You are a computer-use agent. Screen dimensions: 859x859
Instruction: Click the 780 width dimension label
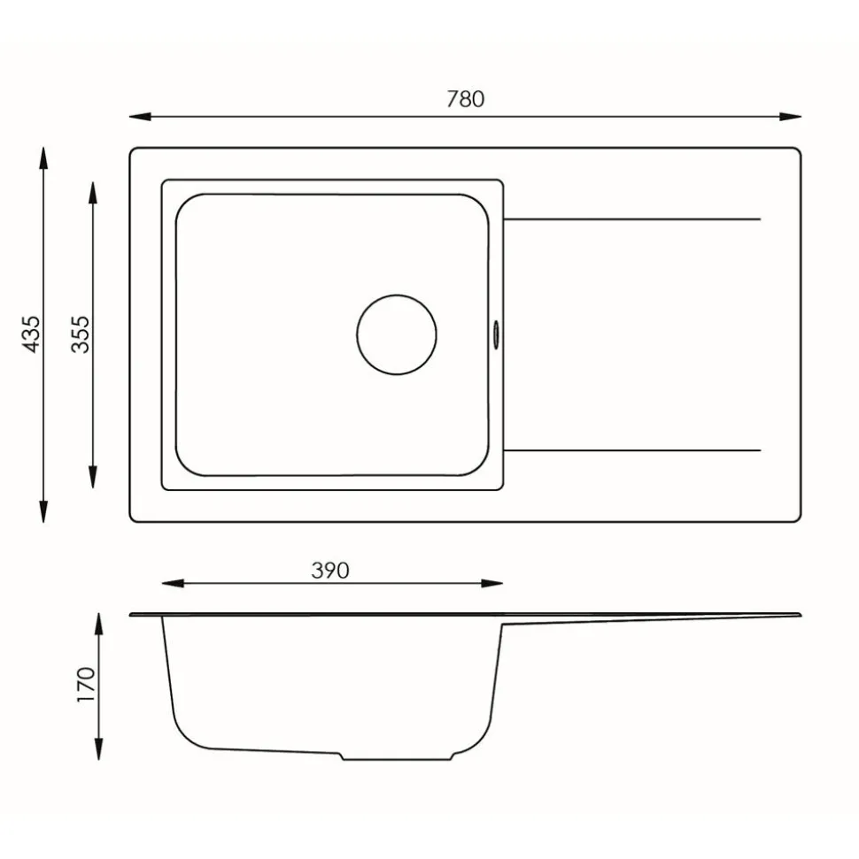click(465, 99)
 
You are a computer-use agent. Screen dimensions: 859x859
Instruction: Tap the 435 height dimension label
click(31, 334)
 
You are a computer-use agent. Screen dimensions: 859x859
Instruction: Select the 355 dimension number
click(80, 334)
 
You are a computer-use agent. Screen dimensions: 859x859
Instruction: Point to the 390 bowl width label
click(329, 571)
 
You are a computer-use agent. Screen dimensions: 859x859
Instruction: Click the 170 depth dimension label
click(86, 684)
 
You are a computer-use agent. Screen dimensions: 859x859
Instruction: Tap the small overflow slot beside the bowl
click(496, 334)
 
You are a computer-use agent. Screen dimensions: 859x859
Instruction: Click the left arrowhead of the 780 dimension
click(140, 117)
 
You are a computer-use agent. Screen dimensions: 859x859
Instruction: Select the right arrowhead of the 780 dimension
click(791, 117)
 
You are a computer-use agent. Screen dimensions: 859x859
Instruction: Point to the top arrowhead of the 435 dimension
click(44, 157)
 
